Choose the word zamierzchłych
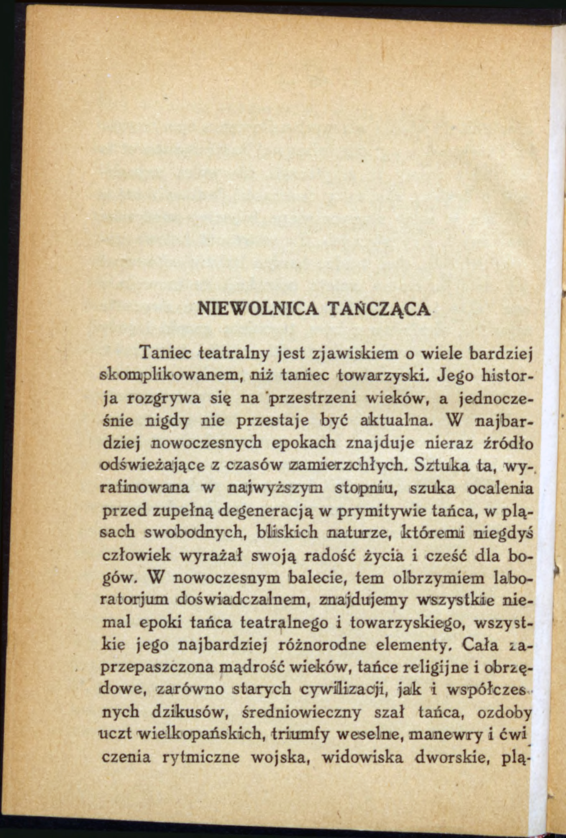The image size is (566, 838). point(347,465)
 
